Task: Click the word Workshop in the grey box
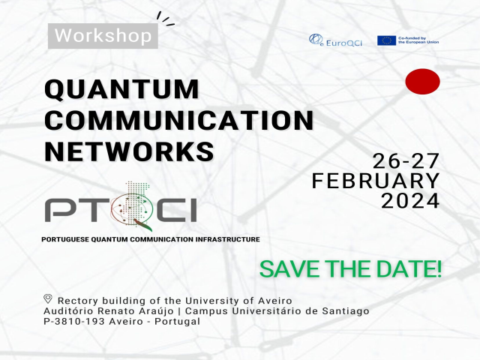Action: click(103, 35)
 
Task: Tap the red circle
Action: click(422, 82)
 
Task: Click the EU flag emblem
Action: click(386, 40)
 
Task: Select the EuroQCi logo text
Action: click(343, 43)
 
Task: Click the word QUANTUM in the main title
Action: click(121, 89)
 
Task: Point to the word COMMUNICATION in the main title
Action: click(179, 120)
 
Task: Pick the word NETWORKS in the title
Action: click(129, 151)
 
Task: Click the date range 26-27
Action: click(406, 161)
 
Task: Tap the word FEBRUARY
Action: click(376, 181)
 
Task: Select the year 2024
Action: click(410, 201)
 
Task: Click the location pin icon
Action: click(48, 298)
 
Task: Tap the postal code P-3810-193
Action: click(74, 322)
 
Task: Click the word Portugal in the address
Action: click(177, 322)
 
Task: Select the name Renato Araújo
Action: click(136, 311)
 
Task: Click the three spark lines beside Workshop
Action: click(165, 19)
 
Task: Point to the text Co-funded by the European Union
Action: click(418, 40)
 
